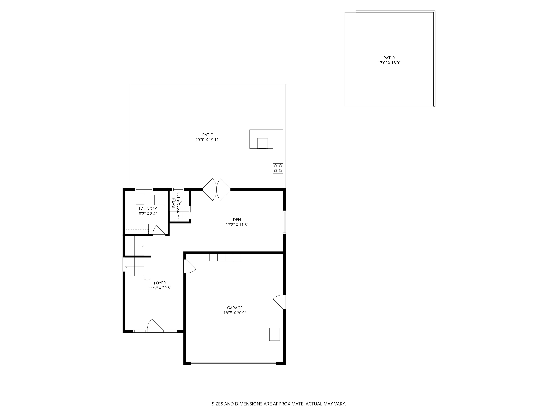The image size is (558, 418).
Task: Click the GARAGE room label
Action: click(x=235, y=308)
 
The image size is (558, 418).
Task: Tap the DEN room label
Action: click(x=237, y=220)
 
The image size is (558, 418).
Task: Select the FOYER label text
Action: click(x=160, y=283)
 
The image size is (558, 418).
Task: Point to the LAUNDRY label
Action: click(x=148, y=209)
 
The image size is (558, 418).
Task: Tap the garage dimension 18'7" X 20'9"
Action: click(x=235, y=313)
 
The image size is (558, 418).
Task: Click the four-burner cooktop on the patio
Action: click(x=278, y=168)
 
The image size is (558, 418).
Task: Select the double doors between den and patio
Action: click(x=217, y=189)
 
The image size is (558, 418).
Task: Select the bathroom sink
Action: click(x=178, y=216)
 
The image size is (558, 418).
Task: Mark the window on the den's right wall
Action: click(x=284, y=222)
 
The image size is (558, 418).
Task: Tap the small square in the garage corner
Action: click(x=274, y=334)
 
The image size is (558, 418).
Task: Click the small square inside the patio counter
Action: click(x=262, y=143)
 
